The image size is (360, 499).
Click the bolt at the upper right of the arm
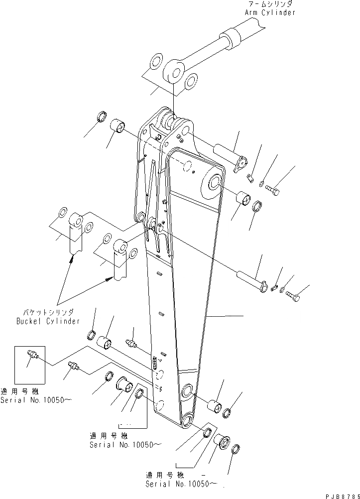pyautogui.click(x=272, y=189)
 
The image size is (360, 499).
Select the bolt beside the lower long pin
pyautogui.click(x=293, y=298)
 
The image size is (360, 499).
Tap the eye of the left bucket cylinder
pyautogui.click(x=75, y=220)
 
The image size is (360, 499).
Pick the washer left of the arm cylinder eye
pyautogui.click(x=155, y=62)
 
